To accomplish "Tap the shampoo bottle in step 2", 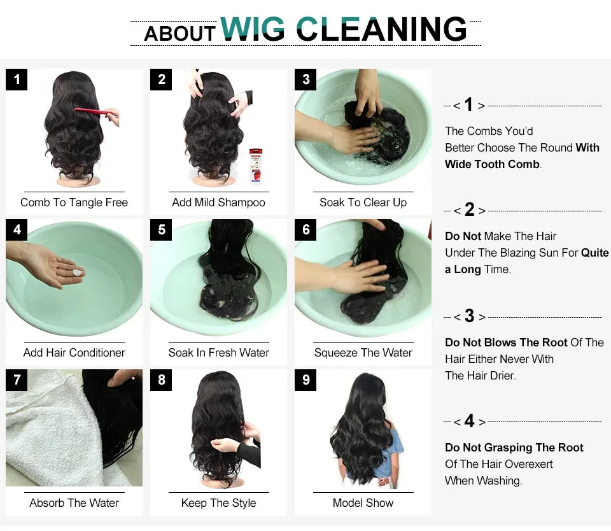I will click(x=255, y=165).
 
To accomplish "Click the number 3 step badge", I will click(x=305, y=80).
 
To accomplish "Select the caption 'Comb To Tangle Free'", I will click(x=74, y=202).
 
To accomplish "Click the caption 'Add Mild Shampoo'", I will click(x=218, y=202).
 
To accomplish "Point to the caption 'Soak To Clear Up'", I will click(x=363, y=202).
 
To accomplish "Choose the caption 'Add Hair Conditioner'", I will click(x=74, y=353).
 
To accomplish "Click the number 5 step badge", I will click(x=161, y=230).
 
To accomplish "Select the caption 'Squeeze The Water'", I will click(x=363, y=353).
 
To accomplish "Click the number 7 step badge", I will click(x=17, y=380).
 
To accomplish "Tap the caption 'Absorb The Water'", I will click(x=74, y=503).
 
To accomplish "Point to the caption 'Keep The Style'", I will click(x=218, y=503).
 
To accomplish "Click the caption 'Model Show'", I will click(x=363, y=503).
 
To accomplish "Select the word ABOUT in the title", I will click(x=180, y=33).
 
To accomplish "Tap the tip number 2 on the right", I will click(x=469, y=209).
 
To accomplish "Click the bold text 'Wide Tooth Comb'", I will click(x=492, y=164).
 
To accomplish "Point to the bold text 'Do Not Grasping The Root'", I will click(x=514, y=448).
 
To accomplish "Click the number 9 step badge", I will click(x=305, y=380).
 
